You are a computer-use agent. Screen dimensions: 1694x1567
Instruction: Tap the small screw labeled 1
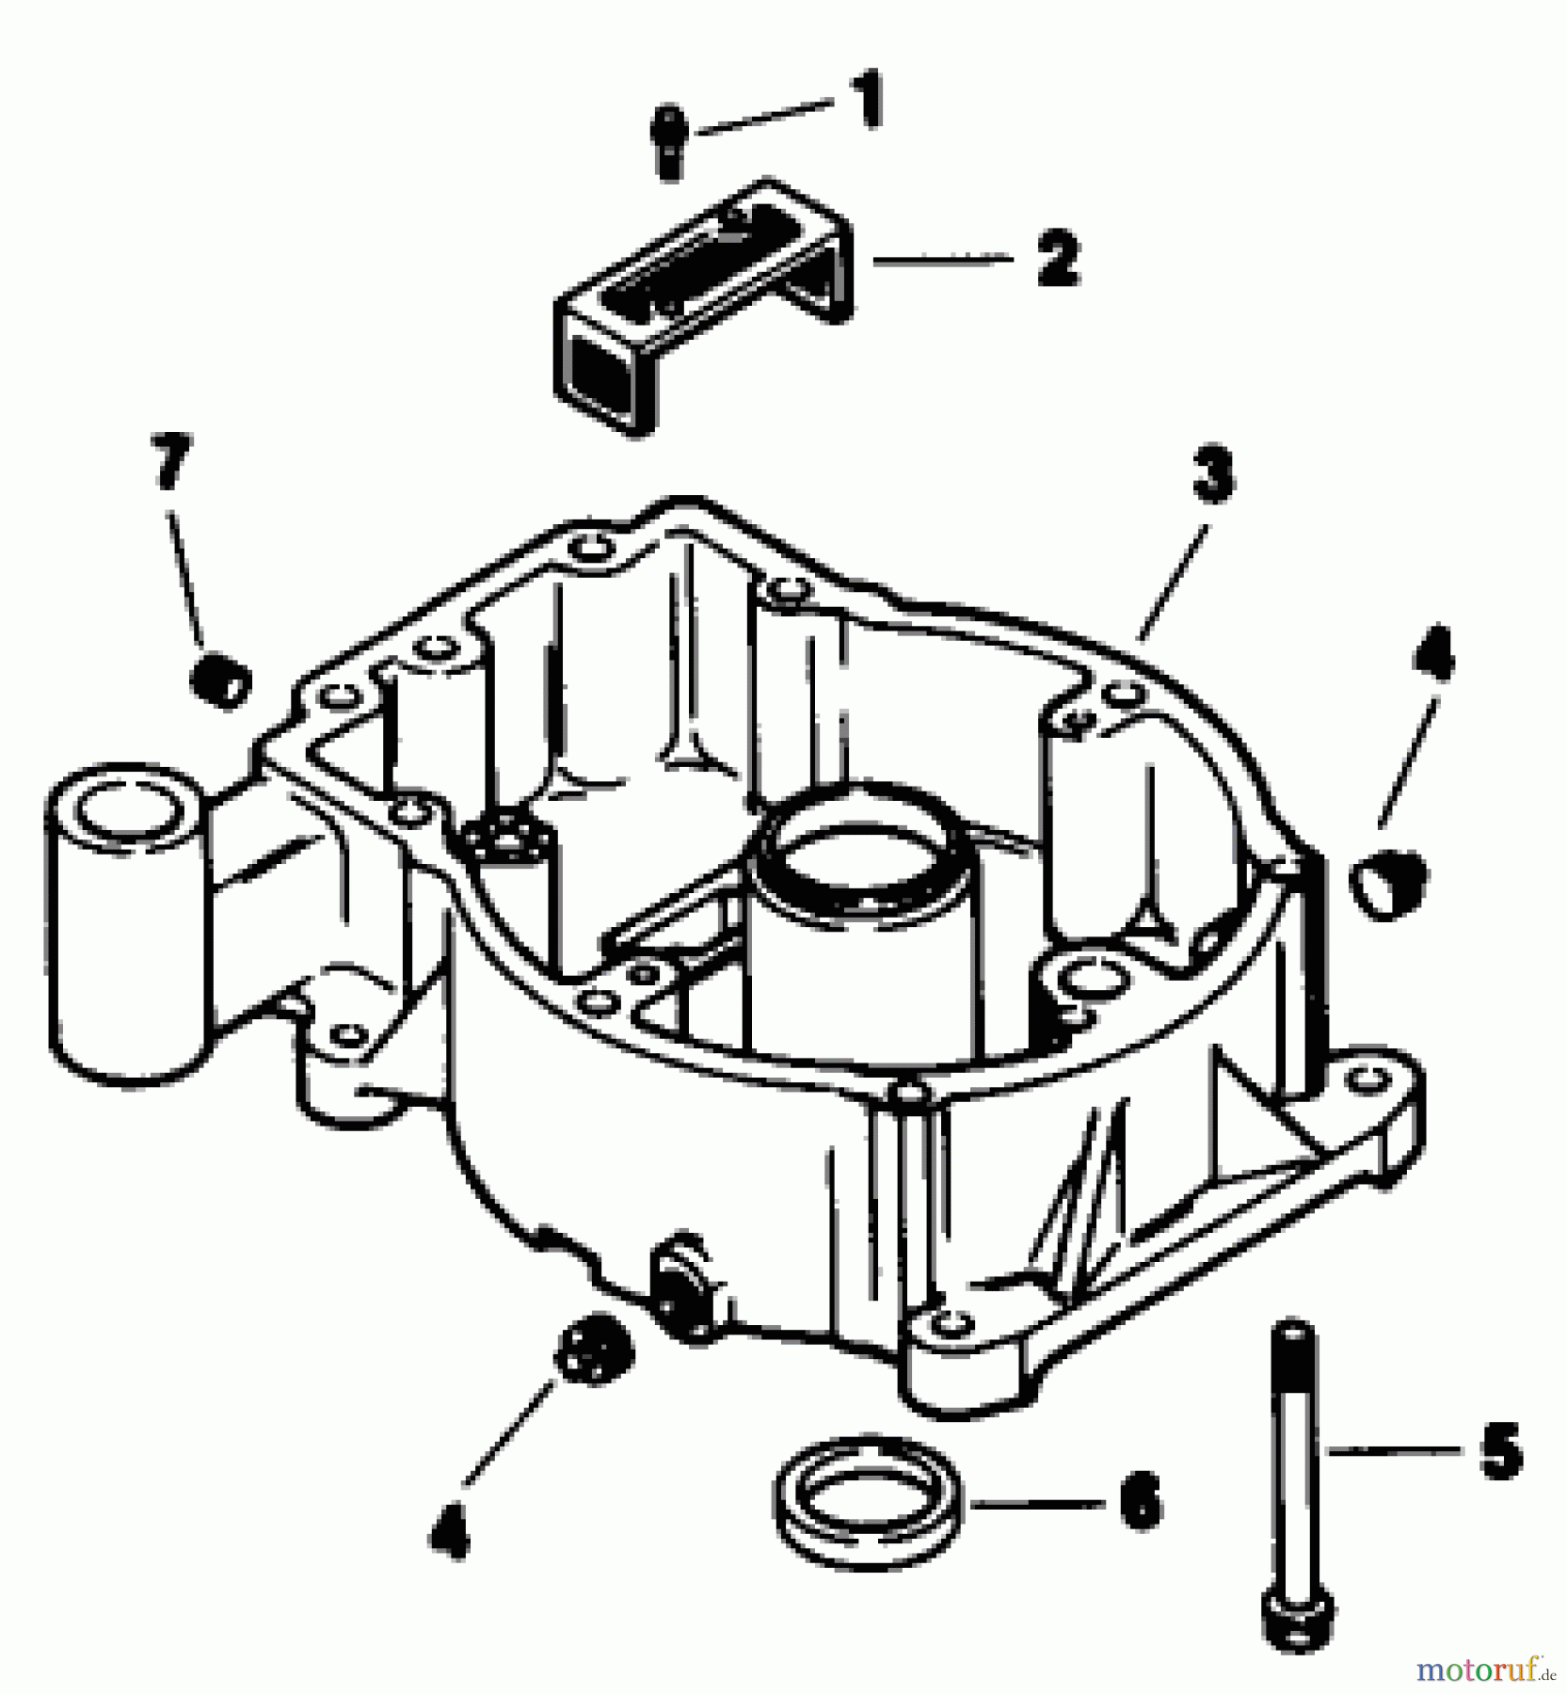click(x=668, y=143)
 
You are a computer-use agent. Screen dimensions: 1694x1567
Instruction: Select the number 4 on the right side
click(x=1433, y=654)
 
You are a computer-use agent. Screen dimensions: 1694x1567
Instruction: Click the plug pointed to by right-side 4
click(x=1389, y=880)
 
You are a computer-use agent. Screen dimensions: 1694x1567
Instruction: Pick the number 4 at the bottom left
click(x=449, y=1531)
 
